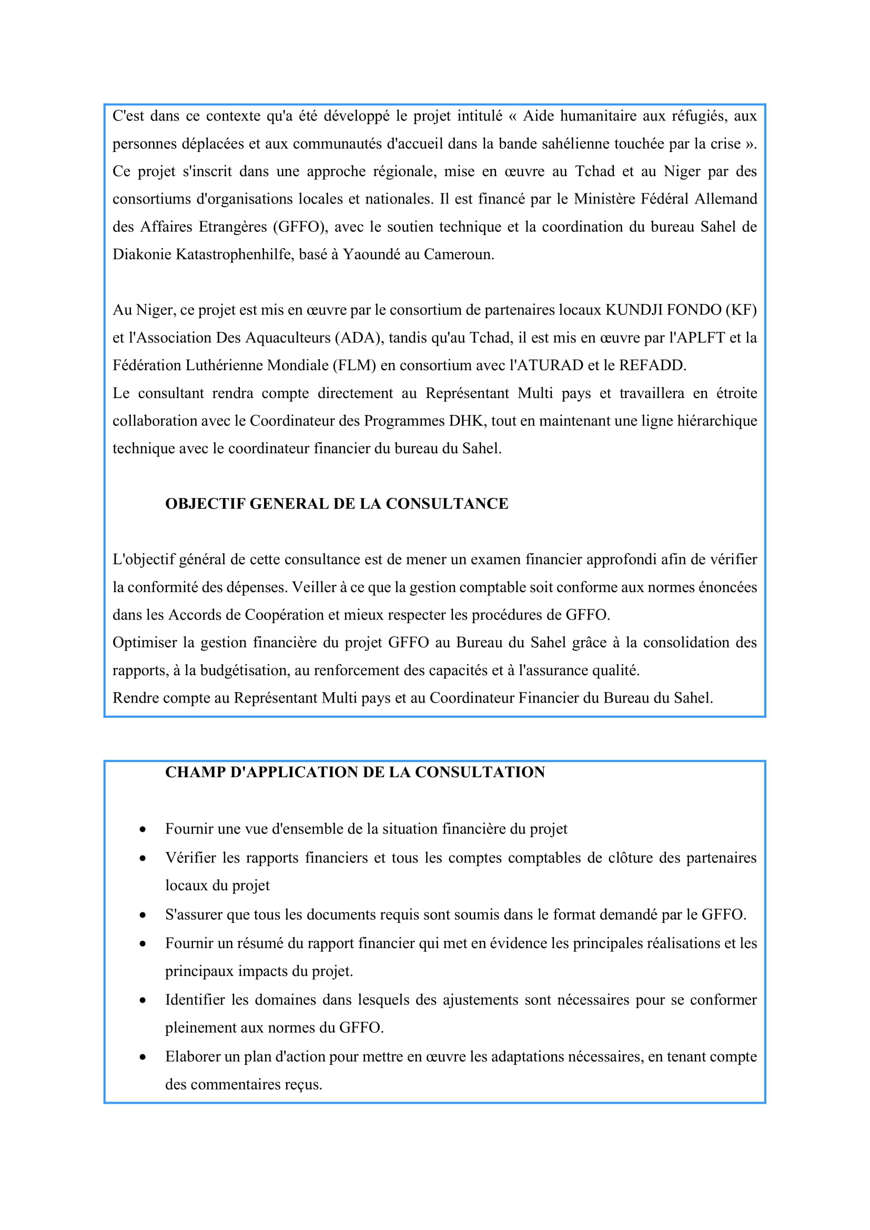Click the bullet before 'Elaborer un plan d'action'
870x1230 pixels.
pos(143,1058)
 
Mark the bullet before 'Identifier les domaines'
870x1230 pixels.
pos(143,1001)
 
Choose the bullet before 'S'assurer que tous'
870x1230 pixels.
pos(143,915)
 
